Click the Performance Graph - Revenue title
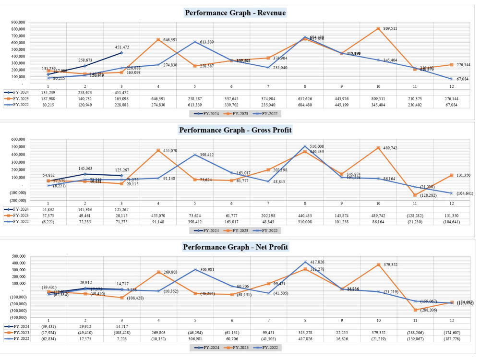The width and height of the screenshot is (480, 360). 235,13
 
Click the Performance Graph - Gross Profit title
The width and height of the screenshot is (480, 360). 235,130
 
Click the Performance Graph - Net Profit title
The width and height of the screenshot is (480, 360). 235,247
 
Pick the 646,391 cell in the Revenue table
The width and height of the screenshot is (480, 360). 158,98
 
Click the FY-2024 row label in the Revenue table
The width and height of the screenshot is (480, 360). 20,92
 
